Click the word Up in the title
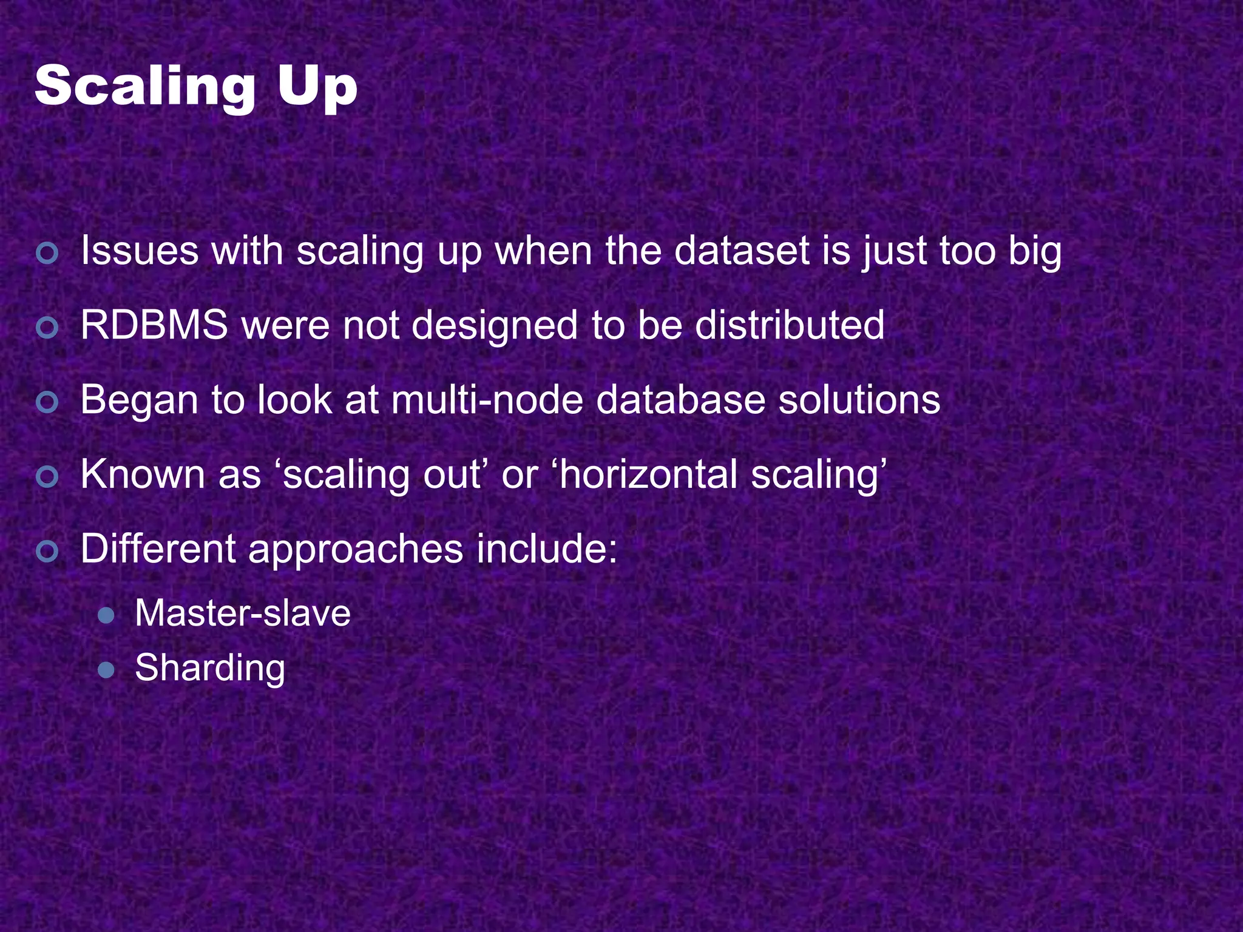point(317,88)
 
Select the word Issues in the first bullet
point(140,251)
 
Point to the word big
point(1035,252)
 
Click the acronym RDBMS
point(154,325)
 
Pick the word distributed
point(789,325)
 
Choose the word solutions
point(859,400)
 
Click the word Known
point(143,474)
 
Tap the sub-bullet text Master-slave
point(243,613)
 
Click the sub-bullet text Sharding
point(210,669)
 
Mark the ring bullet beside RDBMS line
point(47,328)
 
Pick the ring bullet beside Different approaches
point(47,552)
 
